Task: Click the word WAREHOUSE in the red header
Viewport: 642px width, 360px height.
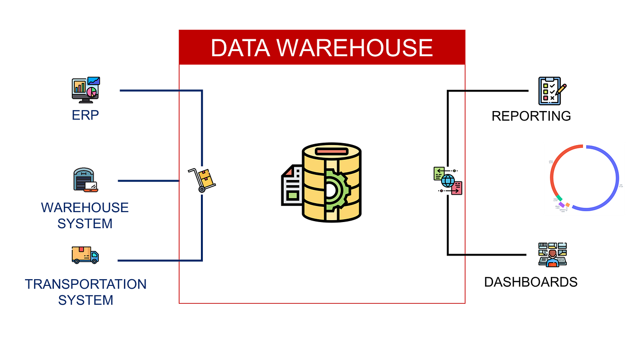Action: pos(354,48)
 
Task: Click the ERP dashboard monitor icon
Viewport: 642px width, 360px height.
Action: pos(86,89)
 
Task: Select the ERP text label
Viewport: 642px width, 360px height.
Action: pos(86,115)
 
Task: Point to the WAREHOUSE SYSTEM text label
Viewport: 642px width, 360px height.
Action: pos(85,215)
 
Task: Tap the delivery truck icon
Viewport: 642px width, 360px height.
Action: pos(85,255)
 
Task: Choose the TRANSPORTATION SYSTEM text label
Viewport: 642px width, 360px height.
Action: pos(86,292)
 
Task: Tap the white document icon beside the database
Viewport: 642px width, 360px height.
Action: pos(293,186)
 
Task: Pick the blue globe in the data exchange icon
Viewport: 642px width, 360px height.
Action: pos(447,180)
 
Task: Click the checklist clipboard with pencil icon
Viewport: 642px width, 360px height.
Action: pos(552,91)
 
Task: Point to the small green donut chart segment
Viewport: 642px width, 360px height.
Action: pos(559,198)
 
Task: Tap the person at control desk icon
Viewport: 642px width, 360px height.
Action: pos(552,255)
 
